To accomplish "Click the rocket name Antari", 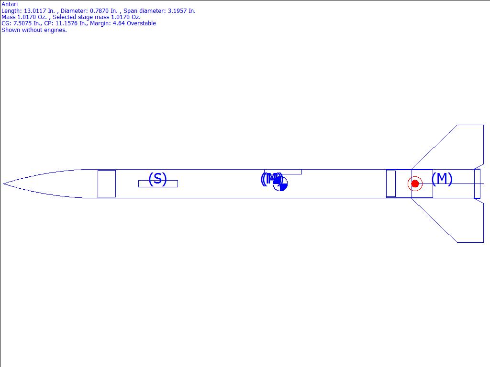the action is click(10, 4).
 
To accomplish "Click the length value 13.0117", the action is click(35, 11).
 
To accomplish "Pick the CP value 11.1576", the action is click(67, 23).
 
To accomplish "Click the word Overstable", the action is click(141, 23).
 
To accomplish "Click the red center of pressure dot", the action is click(415, 184).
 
